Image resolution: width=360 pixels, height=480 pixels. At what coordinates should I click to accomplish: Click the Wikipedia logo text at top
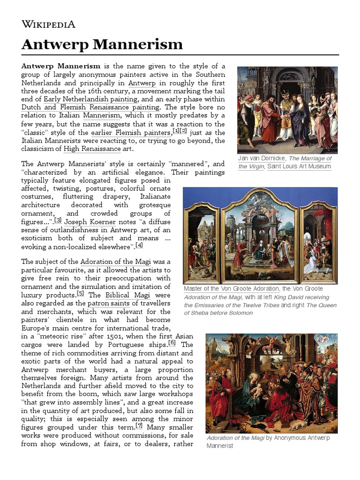pos(48,24)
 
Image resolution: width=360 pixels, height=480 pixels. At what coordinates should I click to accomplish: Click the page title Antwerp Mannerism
pos(102,45)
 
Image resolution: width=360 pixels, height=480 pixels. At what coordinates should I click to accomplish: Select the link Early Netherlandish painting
pos(90,99)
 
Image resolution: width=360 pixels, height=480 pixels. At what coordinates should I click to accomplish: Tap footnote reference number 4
pos(139,245)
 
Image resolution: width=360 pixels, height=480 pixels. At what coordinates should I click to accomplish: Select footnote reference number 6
pos(172,343)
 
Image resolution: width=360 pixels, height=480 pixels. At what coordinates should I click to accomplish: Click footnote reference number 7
pos(139,426)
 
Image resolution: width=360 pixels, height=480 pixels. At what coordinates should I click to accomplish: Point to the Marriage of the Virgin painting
pos(287,110)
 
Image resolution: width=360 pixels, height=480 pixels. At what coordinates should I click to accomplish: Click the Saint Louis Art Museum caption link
pos(299,166)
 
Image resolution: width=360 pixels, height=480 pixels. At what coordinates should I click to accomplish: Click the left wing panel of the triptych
pos(202,243)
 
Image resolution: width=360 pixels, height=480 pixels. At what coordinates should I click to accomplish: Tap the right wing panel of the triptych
pos(318,243)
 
